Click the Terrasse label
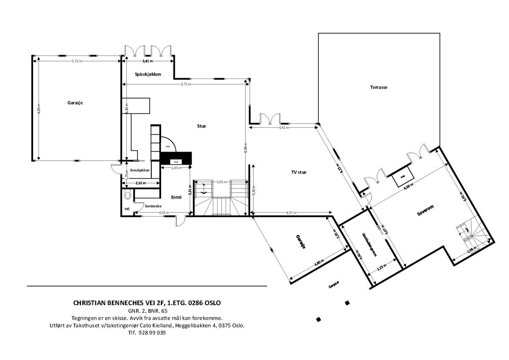tap(379, 87)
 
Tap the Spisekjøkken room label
tap(148, 74)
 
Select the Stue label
tap(201, 126)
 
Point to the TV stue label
tap(299, 172)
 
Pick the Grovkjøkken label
tap(140, 170)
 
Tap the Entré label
tap(176, 197)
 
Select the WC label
tap(127, 209)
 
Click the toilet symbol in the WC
tap(127, 196)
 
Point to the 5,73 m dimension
tap(77, 61)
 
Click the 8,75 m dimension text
tap(186, 84)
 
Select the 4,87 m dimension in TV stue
tap(292, 213)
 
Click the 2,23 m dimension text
tap(382, 268)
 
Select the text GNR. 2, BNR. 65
tap(147, 311)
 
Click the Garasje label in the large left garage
tap(75, 103)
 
